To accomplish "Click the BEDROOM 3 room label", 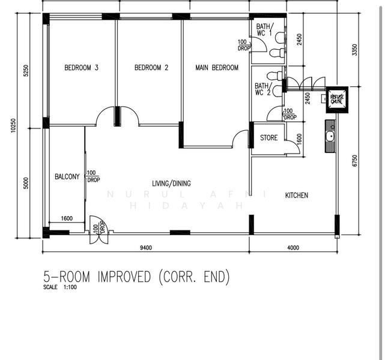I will point(81,68).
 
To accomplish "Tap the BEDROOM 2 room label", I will point(151,68).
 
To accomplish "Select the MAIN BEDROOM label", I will point(217,68).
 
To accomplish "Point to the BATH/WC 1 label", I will point(264,30).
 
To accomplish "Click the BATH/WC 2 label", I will point(263,89).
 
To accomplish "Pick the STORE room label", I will point(268,138).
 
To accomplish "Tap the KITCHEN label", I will point(297,196).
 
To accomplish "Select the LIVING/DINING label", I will point(171,184).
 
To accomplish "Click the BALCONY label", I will point(67,177).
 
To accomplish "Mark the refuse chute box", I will point(337,98).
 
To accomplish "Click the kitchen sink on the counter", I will point(330,136).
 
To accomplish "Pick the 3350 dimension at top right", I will point(355,50).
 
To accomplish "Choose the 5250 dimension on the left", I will point(25,71).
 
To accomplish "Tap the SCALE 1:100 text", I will point(60,287).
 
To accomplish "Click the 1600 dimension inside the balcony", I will point(67,218).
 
